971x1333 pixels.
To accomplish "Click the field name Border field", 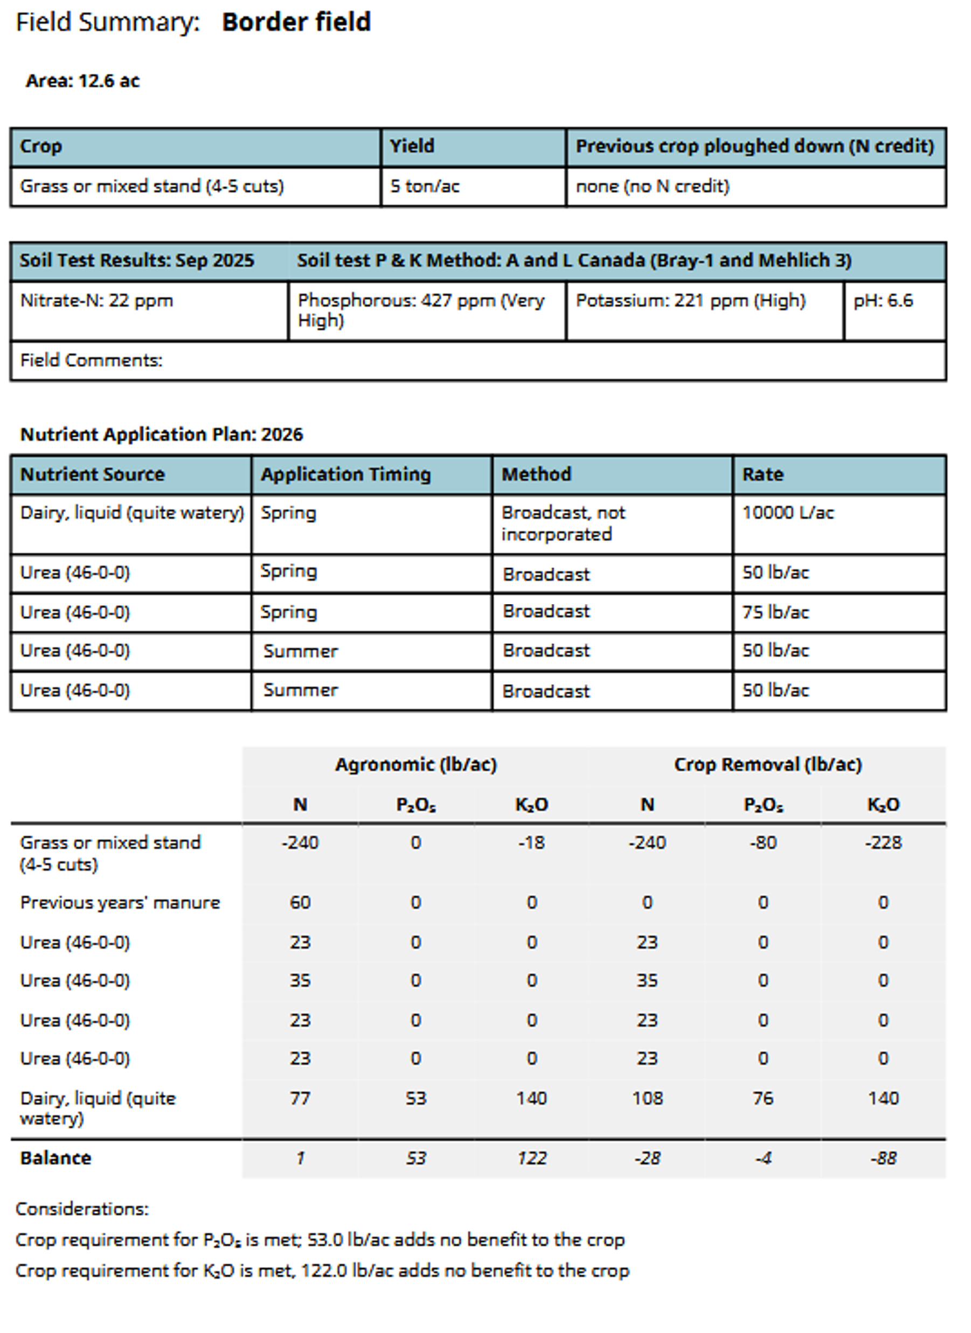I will [x=296, y=22].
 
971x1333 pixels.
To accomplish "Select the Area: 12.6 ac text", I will [x=82, y=81].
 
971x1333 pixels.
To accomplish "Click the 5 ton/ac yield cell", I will [x=425, y=186].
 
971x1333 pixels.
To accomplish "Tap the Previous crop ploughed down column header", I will [x=754, y=146].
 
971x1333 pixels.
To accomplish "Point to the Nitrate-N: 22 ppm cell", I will [x=96, y=301].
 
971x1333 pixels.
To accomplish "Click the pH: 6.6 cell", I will [x=883, y=301].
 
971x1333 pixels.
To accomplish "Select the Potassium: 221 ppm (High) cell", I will [x=690, y=301].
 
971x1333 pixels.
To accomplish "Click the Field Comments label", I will [x=91, y=360].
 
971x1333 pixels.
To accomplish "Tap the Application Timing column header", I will [x=346, y=474].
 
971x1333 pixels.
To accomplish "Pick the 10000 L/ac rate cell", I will [x=787, y=513].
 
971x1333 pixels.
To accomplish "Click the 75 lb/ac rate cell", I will [x=775, y=612].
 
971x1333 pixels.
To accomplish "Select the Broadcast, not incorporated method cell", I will [x=563, y=523].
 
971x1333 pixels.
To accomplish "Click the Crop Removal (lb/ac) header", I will [x=767, y=764].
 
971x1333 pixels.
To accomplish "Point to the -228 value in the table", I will [x=883, y=843].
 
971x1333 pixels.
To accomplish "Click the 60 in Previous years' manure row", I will [x=300, y=902].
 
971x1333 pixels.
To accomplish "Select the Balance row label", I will [x=56, y=1158].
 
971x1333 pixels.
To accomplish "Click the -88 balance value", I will [x=883, y=1158].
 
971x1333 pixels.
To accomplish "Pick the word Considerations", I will [x=82, y=1209].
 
